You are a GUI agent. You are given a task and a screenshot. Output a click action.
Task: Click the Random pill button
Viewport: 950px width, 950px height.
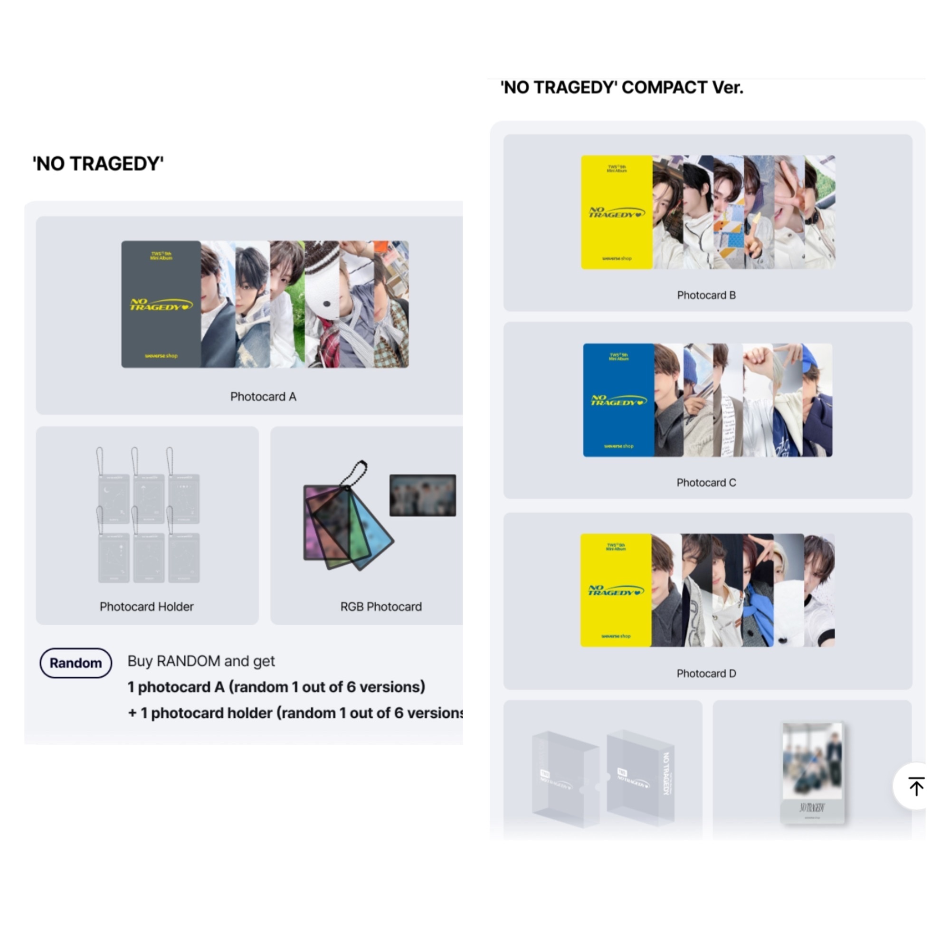76,663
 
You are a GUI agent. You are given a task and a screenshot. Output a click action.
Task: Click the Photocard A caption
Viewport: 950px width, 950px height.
263,397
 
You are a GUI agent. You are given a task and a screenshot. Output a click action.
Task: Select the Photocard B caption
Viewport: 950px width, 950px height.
706,295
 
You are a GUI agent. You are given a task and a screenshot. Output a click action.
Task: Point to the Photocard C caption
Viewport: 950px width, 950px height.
706,483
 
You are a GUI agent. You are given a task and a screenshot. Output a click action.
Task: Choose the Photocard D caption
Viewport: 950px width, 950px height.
706,674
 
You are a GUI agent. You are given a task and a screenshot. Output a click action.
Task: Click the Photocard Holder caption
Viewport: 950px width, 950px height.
146,607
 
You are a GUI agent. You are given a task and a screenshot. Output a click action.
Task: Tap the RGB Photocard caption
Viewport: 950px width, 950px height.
380,607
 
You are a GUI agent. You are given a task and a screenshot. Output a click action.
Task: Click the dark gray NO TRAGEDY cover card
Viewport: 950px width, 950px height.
161,304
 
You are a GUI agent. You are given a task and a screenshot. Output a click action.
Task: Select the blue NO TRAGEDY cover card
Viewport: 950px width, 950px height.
618,400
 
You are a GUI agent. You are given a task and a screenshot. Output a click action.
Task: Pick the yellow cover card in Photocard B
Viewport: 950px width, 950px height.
617,212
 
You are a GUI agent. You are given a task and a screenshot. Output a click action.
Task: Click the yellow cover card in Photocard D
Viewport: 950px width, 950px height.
616,590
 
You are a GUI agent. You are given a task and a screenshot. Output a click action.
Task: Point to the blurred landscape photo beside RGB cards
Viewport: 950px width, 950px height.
422,495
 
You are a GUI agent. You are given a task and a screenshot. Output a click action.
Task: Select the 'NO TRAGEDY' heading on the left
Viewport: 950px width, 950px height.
98,164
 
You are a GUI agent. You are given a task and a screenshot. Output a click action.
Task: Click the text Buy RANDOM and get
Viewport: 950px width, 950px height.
201,661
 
